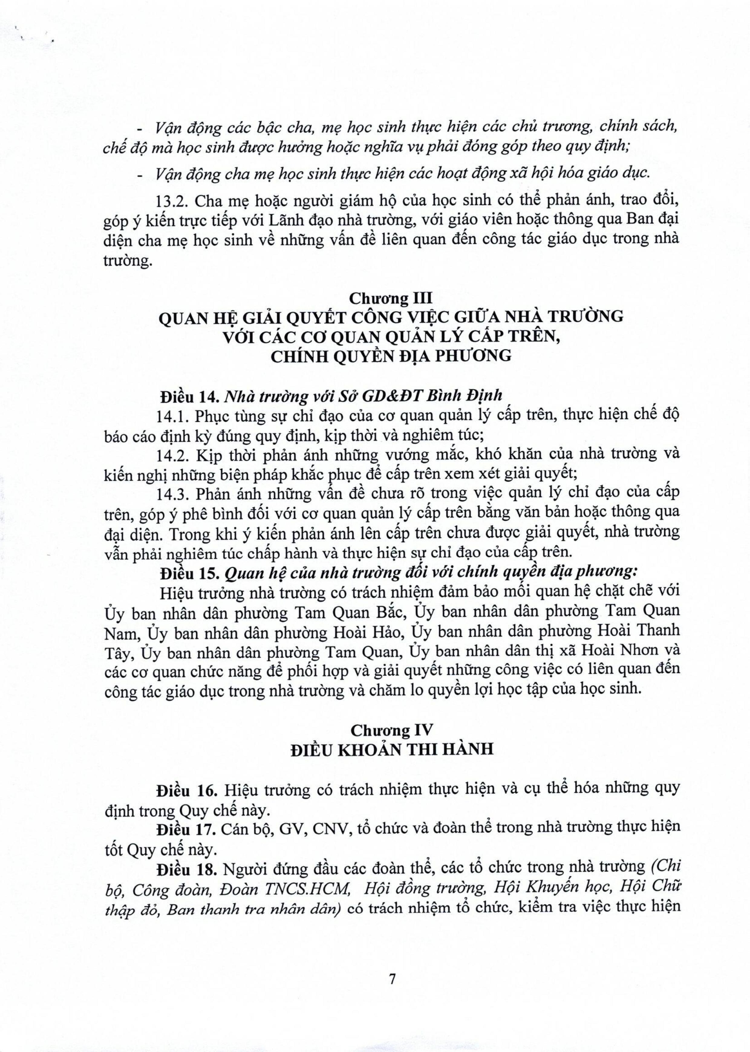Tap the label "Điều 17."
coord(187,827)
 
